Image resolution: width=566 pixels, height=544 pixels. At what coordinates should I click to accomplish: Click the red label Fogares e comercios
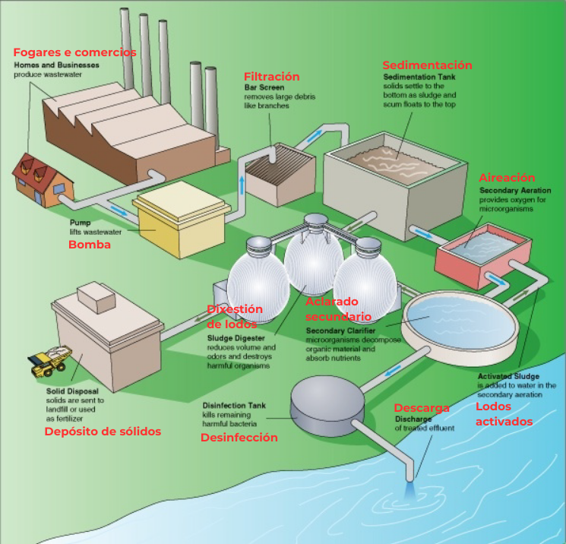[74, 52]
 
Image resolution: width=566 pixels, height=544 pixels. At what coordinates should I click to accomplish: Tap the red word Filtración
[271, 77]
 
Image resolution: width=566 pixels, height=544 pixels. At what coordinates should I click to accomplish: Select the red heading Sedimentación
[427, 65]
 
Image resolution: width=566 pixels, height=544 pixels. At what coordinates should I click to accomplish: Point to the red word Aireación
[507, 178]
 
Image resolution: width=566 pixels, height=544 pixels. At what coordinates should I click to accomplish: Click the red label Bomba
[90, 245]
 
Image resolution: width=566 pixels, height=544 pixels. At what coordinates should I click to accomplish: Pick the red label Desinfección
[239, 438]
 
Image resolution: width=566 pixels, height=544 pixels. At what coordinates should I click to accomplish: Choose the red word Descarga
[422, 408]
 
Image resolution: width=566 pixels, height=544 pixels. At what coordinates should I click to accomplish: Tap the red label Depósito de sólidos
[103, 432]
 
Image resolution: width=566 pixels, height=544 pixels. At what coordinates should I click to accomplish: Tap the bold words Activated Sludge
[508, 377]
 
